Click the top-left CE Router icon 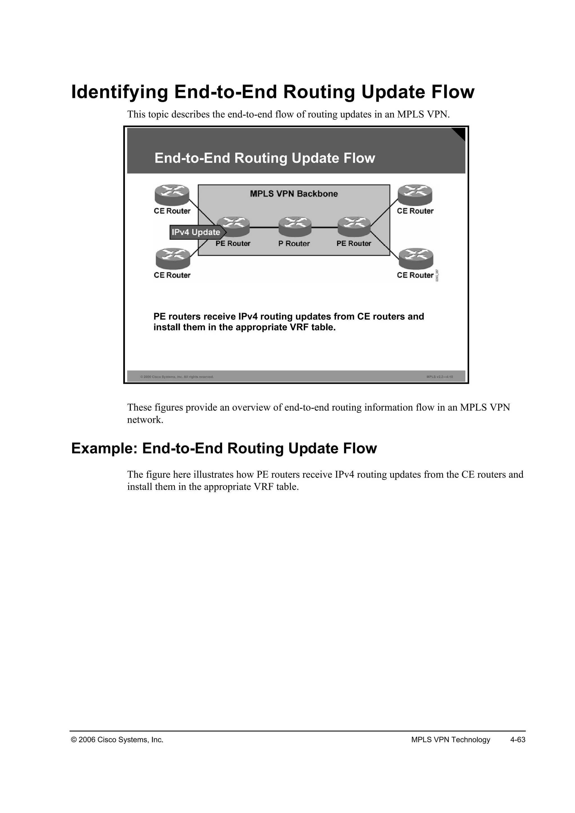coord(172,195)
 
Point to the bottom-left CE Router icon coord(173,259)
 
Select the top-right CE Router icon coord(415,195)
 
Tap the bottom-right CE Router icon coord(416,259)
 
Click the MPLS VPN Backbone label coord(294,194)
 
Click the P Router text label coord(294,244)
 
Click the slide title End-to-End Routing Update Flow coord(264,158)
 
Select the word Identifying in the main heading coord(119,92)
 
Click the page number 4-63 coord(518,740)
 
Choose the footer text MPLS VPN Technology coord(450,740)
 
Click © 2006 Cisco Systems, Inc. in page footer coord(117,740)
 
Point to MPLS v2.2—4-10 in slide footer coord(439,377)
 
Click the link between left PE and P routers coord(264,227)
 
